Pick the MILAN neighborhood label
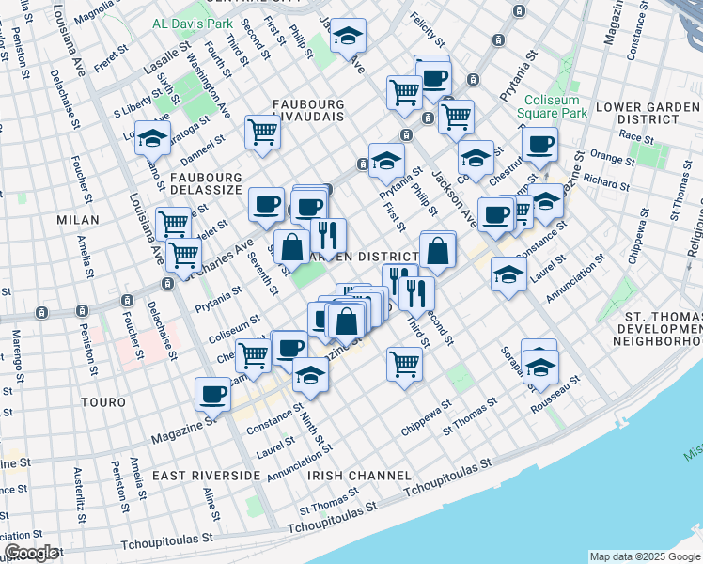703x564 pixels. pyautogui.click(x=77, y=219)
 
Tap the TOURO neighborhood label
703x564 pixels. pyautogui.click(x=102, y=402)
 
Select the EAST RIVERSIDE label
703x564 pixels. pyautogui.click(x=206, y=476)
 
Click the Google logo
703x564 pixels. pyautogui.click(x=31, y=553)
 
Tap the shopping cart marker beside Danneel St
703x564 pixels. pyautogui.click(x=262, y=132)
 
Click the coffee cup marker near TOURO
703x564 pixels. pyautogui.click(x=213, y=395)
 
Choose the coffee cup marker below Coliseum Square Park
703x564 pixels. pyautogui.click(x=540, y=145)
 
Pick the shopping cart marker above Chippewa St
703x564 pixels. pyautogui.click(x=404, y=362)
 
